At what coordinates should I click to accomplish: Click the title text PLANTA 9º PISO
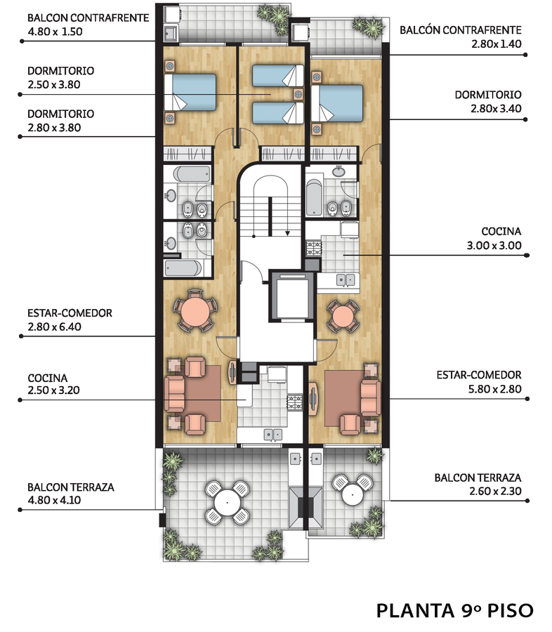pyautogui.click(x=455, y=610)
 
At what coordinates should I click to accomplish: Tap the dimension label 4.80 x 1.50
pyautogui.click(x=55, y=32)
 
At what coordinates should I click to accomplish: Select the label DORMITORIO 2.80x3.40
pyautogui.click(x=488, y=102)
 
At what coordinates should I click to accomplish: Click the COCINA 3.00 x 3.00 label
pyautogui.click(x=494, y=238)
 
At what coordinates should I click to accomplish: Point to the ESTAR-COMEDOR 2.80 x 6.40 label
pyautogui.click(x=70, y=320)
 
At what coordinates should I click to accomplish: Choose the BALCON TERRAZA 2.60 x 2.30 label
pyautogui.click(x=478, y=485)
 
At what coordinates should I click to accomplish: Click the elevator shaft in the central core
pyautogui.click(x=291, y=296)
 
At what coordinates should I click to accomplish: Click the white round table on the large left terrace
pyautogui.click(x=227, y=502)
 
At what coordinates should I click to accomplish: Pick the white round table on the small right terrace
pyautogui.click(x=353, y=494)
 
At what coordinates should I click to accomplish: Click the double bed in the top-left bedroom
pyautogui.click(x=190, y=92)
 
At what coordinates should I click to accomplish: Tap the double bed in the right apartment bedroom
pyautogui.click(x=336, y=103)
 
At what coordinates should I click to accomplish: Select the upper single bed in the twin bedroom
pyautogui.click(x=278, y=76)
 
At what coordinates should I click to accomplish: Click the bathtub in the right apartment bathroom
pyautogui.click(x=314, y=197)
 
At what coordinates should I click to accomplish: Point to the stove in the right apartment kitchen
pyautogui.click(x=314, y=249)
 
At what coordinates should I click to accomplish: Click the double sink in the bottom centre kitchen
pyautogui.click(x=273, y=435)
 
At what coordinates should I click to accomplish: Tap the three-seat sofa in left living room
pyautogui.click(x=175, y=394)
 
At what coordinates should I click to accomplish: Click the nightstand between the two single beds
pyautogui.click(x=298, y=94)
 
